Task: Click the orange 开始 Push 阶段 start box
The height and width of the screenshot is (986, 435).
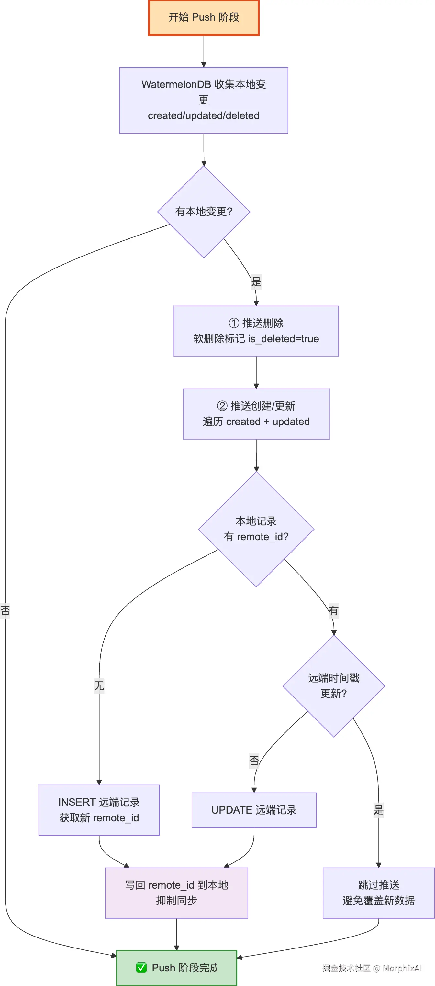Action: coord(203,17)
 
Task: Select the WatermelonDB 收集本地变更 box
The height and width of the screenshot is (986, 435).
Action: coord(203,100)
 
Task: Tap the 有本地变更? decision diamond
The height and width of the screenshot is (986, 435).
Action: coord(203,212)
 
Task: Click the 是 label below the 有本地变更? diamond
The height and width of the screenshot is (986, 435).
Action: coord(256,282)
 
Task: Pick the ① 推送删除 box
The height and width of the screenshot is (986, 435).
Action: coord(256,331)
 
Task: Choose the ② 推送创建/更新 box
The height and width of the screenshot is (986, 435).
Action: coord(256,414)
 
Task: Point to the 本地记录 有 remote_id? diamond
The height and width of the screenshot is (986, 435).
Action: coord(256,529)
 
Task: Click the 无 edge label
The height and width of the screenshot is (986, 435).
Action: coord(99,685)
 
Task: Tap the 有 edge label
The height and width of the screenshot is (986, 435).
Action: coord(333,610)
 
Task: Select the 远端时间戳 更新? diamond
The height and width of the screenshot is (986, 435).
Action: coord(333,685)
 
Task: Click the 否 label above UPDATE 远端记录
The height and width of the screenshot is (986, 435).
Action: coord(253,761)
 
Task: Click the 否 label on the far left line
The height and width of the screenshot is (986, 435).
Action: coord(5,610)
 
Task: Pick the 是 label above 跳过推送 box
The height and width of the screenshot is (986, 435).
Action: coord(378,810)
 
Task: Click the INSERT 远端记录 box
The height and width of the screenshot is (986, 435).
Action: coord(99,810)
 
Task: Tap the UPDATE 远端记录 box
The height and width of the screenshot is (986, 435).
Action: coord(253,810)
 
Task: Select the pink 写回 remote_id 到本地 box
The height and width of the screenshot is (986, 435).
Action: coord(176,893)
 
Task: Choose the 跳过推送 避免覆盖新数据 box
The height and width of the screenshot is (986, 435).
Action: coord(378,893)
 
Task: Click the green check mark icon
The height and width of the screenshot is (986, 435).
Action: coord(141,968)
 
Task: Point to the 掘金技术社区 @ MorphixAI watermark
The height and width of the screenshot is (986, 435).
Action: coord(372,968)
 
